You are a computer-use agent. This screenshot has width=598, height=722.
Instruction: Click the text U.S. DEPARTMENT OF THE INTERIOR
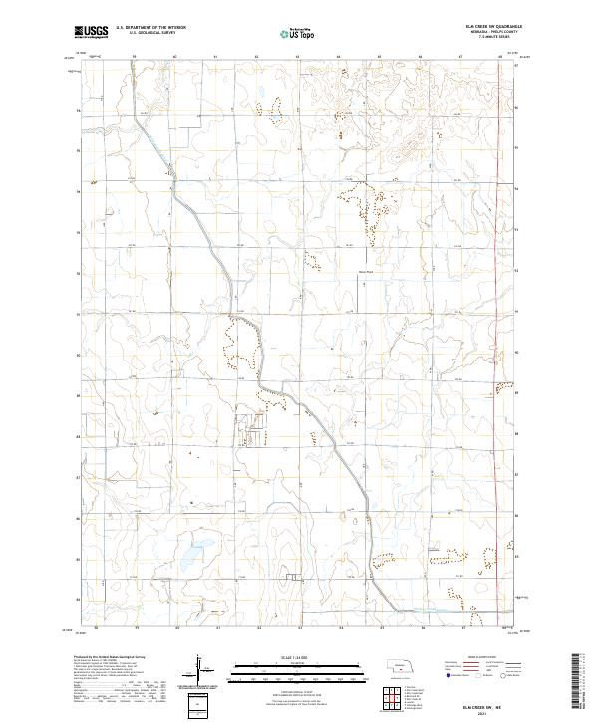click(x=150, y=28)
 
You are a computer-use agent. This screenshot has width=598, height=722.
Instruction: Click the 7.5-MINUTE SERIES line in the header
click(x=488, y=38)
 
